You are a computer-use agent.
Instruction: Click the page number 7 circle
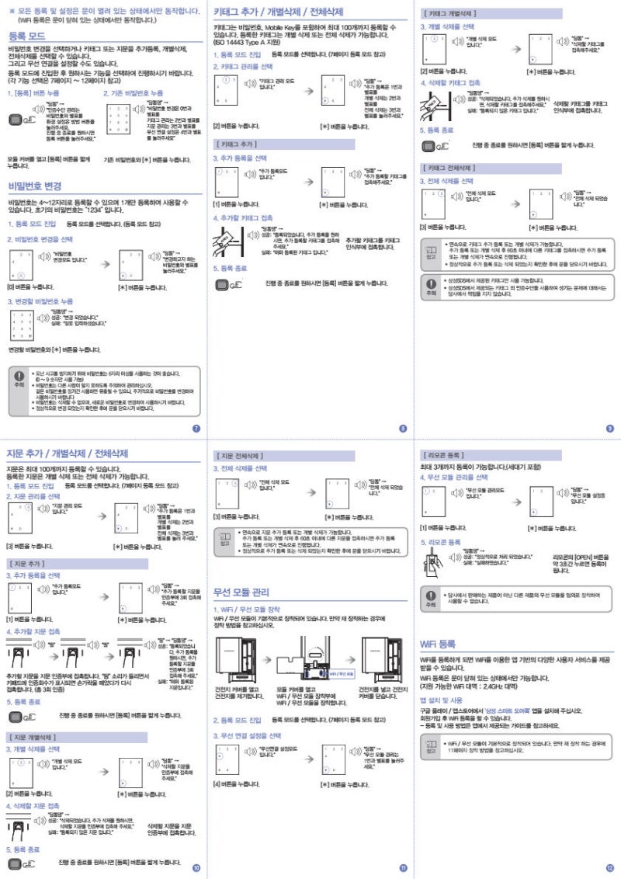(x=196, y=429)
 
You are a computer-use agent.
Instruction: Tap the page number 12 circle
(x=609, y=867)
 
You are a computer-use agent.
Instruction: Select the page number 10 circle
(x=196, y=867)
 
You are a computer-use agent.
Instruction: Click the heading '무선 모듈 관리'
(x=241, y=592)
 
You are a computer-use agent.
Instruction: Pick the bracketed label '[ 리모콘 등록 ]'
(x=445, y=453)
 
